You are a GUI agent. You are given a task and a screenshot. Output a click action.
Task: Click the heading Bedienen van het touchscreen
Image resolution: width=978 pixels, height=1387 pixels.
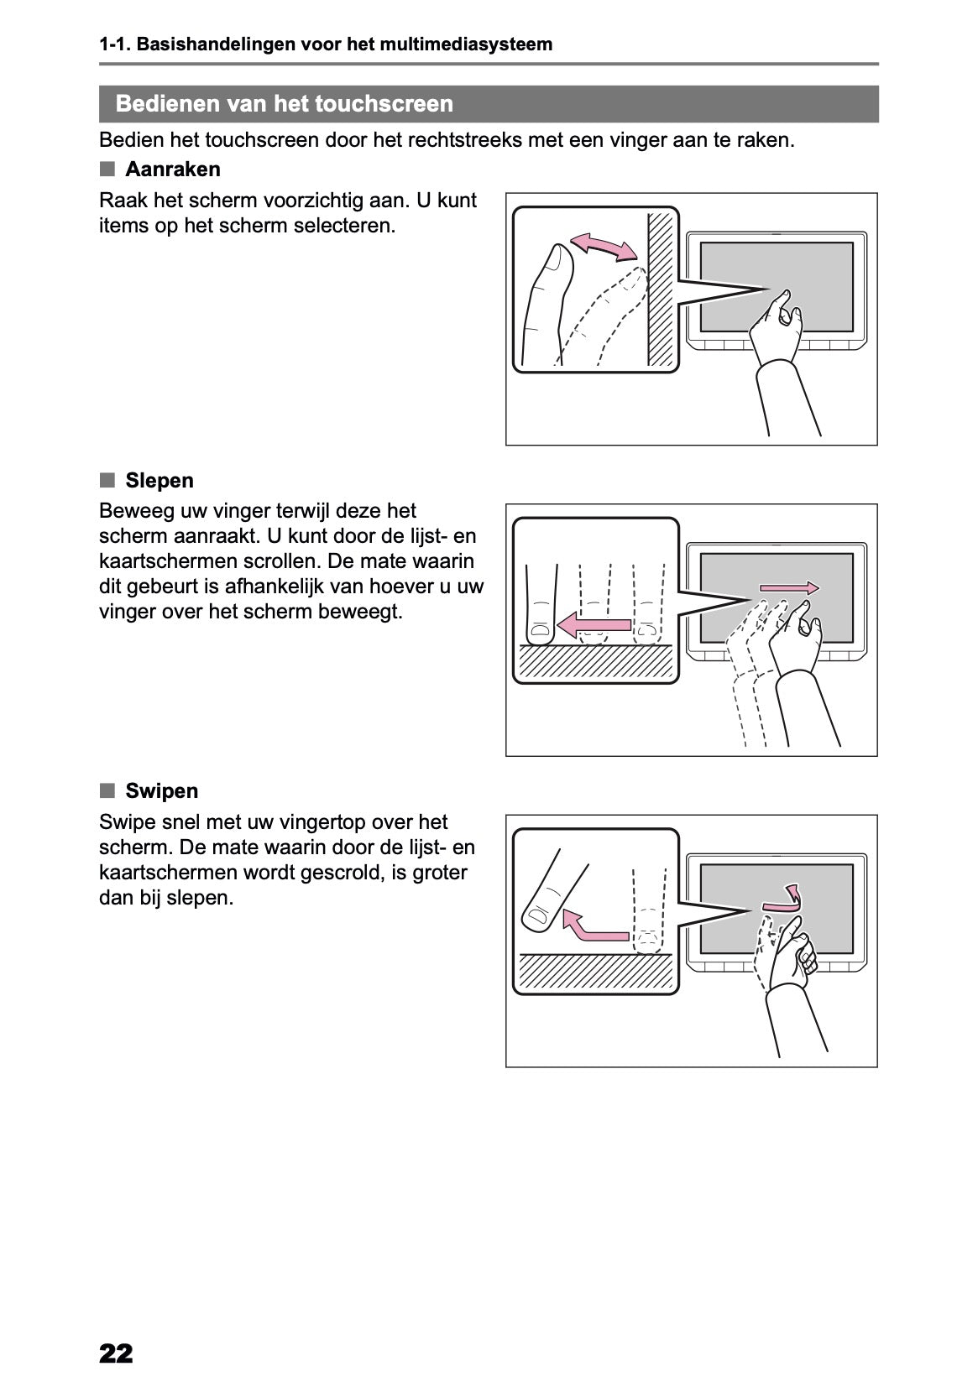pyautogui.click(x=285, y=103)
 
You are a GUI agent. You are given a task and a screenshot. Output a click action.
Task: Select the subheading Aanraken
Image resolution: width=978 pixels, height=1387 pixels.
pyautogui.click(x=173, y=169)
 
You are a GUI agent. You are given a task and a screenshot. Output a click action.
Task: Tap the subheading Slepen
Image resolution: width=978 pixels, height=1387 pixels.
pyautogui.click(x=160, y=480)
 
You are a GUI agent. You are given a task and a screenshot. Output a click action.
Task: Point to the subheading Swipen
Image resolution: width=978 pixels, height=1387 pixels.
pyautogui.click(x=162, y=790)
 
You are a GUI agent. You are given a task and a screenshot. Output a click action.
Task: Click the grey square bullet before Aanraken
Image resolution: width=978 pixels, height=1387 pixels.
pyautogui.click(x=107, y=169)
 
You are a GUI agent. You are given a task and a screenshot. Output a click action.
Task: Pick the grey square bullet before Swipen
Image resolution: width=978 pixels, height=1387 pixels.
pyautogui.click(x=107, y=790)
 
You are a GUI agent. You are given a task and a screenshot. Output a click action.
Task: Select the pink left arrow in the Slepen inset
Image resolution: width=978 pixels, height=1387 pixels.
pyautogui.click(x=594, y=625)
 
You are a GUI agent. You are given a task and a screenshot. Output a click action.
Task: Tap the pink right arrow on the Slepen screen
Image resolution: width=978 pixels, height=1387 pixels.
pyautogui.click(x=789, y=588)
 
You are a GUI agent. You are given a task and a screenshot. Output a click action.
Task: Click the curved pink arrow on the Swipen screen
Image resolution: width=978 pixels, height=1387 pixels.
pyautogui.click(x=784, y=899)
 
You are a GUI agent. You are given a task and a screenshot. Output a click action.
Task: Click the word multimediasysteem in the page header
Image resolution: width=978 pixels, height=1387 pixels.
pyautogui.click(x=466, y=44)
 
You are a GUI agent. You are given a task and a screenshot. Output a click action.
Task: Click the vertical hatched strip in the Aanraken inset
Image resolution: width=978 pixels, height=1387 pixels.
pyautogui.click(x=661, y=289)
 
